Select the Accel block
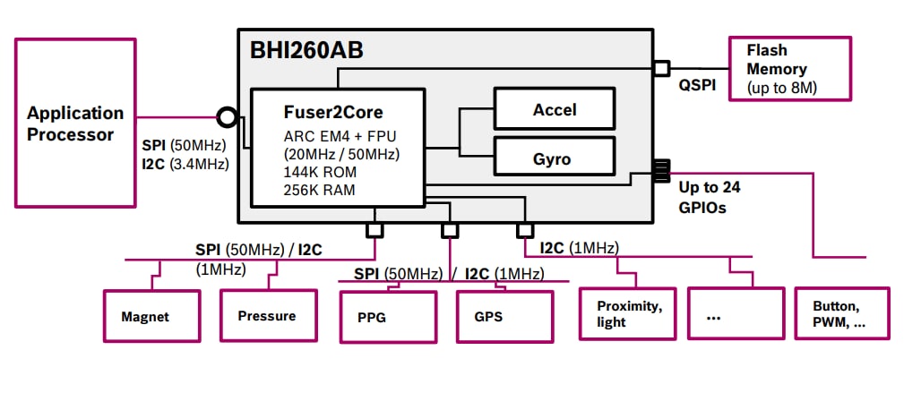[555, 110]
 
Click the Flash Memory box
[789, 68]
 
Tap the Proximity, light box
[627, 313]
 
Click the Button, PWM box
[842, 313]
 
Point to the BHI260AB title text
[306, 51]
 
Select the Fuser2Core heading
[332, 113]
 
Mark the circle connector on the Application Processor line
[228, 116]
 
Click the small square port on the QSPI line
[661, 68]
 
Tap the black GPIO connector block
[662, 171]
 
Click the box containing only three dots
[735, 313]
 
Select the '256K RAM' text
[320, 190]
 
